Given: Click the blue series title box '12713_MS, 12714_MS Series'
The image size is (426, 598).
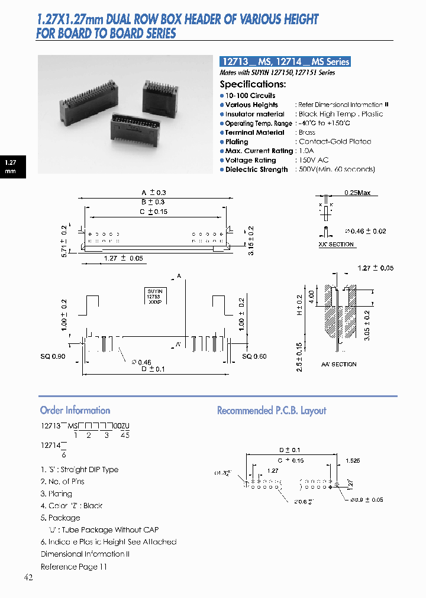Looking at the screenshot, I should click(x=285, y=61).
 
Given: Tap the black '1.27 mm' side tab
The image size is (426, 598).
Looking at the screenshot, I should click(x=10, y=166).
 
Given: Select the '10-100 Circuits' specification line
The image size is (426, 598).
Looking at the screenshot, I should click(x=250, y=95).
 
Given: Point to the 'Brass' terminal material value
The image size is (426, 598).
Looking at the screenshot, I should click(x=307, y=132).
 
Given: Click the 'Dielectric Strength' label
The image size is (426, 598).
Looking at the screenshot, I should click(x=256, y=170).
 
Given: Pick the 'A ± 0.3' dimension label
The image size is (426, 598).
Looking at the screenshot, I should click(x=154, y=193).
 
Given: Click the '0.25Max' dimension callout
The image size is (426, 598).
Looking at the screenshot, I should click(x=357, y=193).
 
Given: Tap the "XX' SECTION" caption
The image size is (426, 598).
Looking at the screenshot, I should click(x=336, y=244).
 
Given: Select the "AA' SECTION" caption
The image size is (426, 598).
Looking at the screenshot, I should click(x=338, y=365).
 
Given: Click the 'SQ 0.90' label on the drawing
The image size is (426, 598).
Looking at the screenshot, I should click(x=53, y=356).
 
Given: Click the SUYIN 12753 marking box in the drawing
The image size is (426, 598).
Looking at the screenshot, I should click(x=155, y=295).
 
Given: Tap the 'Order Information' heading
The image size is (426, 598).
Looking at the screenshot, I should click(x=75, y=410).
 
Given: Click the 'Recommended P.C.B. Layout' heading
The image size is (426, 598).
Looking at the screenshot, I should click(x=272, y=410).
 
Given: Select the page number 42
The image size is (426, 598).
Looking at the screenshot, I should click(x=28, y=577).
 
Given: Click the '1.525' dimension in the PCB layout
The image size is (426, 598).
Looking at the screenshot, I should click(x=353, y=460).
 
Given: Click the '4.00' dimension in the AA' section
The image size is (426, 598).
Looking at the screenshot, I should click(x=312, y=294).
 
